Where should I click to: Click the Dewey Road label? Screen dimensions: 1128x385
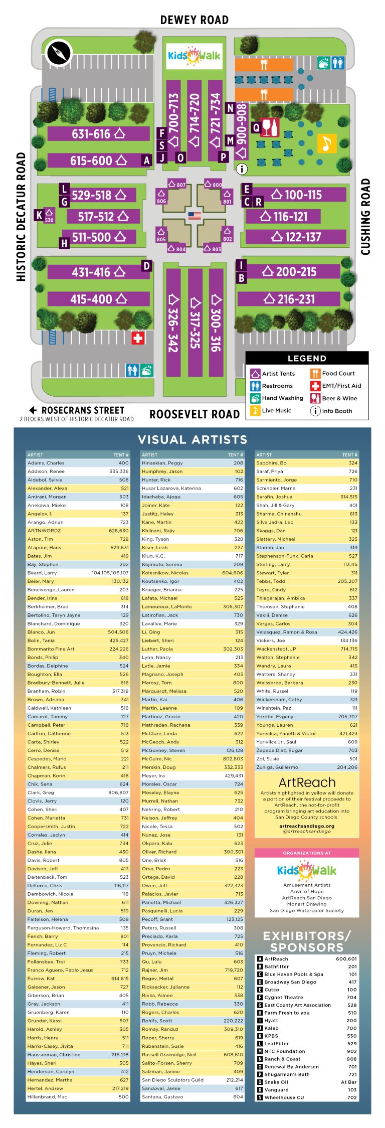point(194,20)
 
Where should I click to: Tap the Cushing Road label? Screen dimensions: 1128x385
point(365,217)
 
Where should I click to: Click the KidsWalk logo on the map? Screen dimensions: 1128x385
point(195,56)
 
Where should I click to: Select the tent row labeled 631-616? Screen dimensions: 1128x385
point(98,134)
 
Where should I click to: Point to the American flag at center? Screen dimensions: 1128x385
point(195,216)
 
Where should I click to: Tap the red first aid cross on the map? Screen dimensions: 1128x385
point(138,338)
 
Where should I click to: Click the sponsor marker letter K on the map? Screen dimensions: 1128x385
point(39,215)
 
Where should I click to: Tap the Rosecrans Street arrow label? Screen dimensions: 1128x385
point(77,410)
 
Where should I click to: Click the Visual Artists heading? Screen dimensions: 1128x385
point(192,440)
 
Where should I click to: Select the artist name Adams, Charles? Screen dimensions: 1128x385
point(46,463)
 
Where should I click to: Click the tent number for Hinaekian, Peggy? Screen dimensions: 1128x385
point(238,463)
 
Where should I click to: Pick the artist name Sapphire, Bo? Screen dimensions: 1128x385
point(272,463)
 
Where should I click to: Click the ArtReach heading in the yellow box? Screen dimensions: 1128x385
point(307,782)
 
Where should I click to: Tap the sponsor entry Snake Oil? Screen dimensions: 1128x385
point(276,1082)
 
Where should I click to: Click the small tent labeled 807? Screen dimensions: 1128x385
point(176,185)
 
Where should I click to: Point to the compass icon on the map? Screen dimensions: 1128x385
point(59,53)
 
